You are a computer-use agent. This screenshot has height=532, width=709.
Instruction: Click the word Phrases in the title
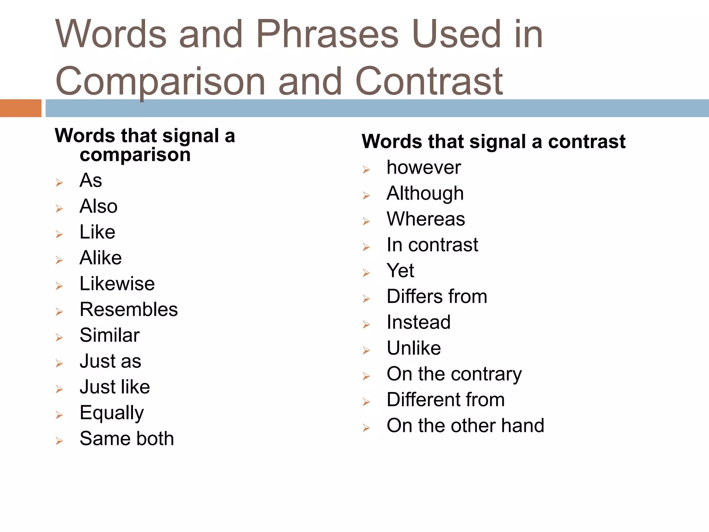[x=327, y=35]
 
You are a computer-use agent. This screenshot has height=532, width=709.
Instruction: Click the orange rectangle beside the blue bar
[x=21, y=108]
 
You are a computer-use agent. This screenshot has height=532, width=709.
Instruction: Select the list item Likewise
[x=117, y=284]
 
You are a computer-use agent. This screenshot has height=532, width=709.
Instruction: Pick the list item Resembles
[x=128, y=309]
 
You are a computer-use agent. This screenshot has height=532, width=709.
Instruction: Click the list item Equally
[x=111, y=413]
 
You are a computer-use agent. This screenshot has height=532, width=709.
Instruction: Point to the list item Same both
[x=127, y=438]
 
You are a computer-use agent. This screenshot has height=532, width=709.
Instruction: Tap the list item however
[x=424, y=168]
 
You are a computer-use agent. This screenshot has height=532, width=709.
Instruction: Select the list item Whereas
[x=426, y=219]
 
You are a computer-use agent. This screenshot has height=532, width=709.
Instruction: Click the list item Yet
[x=400, y=271]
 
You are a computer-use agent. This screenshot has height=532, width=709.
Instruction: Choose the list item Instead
[x=419, y=322]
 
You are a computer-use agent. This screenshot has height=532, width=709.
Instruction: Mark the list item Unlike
[x=414, y=348]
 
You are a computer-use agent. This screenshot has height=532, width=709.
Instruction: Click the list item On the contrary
[x=454, y=374]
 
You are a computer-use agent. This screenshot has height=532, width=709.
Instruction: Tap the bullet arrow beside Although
[x=366, y=196]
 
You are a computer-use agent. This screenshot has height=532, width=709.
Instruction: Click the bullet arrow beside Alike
[x=59, y=260]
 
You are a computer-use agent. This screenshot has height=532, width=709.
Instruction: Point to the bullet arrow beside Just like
[x=59, y=389]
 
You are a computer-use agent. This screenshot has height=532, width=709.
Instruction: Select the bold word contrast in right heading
[x=587, y=142]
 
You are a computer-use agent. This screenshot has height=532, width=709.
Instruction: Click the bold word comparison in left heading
[x=135, y=154]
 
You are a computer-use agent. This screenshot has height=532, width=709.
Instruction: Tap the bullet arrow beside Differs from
[x=366, y=299]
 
